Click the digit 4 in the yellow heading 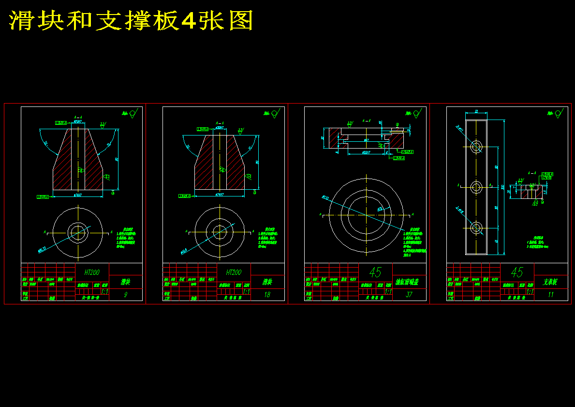tap(188, 21)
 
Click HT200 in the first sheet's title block tap(92, 272)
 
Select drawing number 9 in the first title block tap(126, 295)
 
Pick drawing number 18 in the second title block tap(267, 295)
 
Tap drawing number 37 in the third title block tap(409, 295)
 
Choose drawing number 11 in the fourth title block tap(551, 295)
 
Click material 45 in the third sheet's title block tap(375, 272)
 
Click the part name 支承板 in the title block tap(551, 282)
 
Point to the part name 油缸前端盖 tap(409, 282)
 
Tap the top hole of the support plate tap(477, 146)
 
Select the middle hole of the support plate tap(477, 187)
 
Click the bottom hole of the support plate tap(477, 227)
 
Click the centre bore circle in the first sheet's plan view tap(77, 233)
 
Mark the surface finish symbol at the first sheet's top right tap(133, 114)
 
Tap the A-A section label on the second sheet tap(220, 123)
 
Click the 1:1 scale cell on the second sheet tap(246, 292)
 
